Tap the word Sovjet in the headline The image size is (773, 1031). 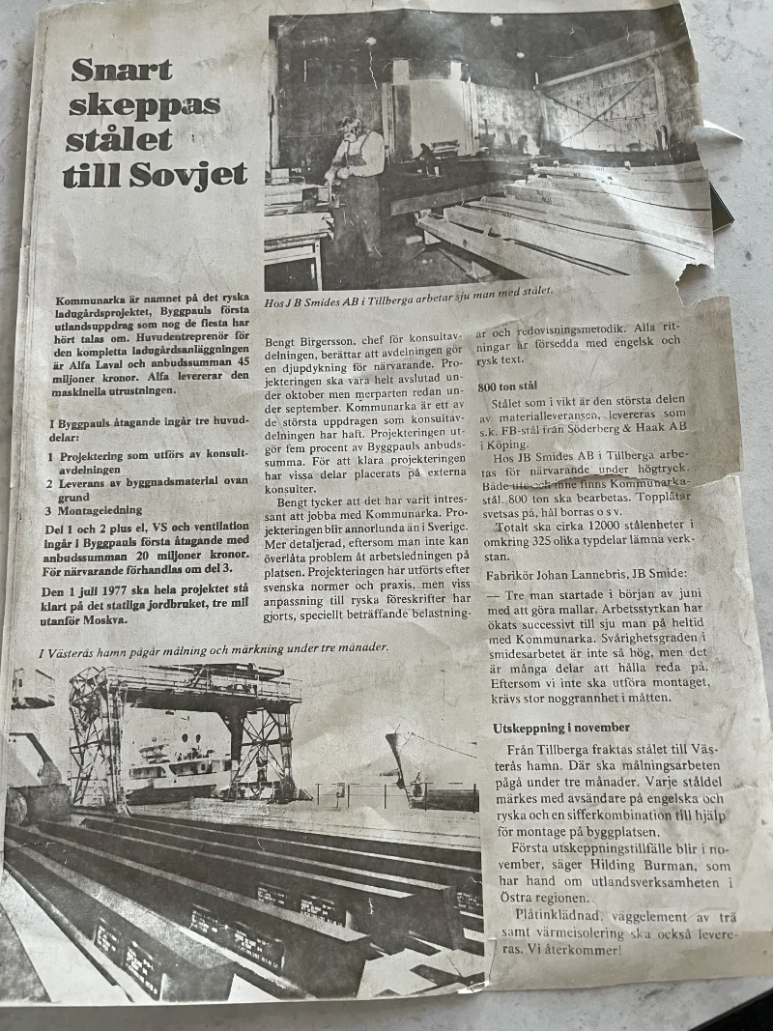[x=197, y=175]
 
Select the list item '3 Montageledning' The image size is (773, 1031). [x=94, y=509]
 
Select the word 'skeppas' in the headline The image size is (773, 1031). [x=145, y=105]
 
